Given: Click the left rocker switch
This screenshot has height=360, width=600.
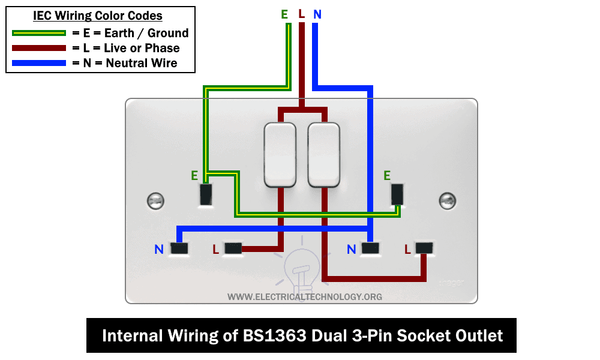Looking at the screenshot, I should (280, 154).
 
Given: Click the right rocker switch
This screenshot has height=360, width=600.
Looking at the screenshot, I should (324, 154).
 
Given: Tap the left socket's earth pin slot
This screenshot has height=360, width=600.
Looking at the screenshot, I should (206, 194).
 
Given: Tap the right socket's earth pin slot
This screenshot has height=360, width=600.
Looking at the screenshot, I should (397, 194).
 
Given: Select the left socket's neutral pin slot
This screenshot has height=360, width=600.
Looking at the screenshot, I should (179, 248).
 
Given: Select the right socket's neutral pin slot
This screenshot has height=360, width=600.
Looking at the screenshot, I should (371, 248).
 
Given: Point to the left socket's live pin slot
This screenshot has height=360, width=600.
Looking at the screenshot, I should (232, 248).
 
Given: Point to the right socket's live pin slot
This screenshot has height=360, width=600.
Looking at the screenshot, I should (424, 248).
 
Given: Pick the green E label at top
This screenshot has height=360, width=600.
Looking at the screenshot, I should (284, 14).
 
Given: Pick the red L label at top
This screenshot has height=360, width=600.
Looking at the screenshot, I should (301, 14).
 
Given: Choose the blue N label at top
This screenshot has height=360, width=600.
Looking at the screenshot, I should (317, 14).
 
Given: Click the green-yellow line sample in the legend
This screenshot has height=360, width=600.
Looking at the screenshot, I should (38, 34).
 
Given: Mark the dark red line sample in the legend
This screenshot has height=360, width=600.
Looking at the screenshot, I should (38, 48).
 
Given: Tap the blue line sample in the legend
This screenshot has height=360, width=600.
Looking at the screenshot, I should (38, 63).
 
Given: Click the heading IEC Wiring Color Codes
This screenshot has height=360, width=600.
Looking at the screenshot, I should (98, 16).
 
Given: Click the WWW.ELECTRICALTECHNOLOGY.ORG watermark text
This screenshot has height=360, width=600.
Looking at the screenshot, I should (305, 297).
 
